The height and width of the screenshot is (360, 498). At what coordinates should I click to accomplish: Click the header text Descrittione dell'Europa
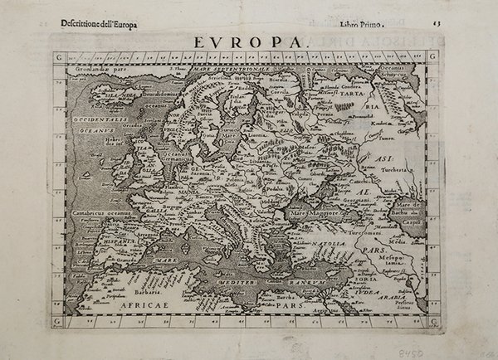tap(92, 23)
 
